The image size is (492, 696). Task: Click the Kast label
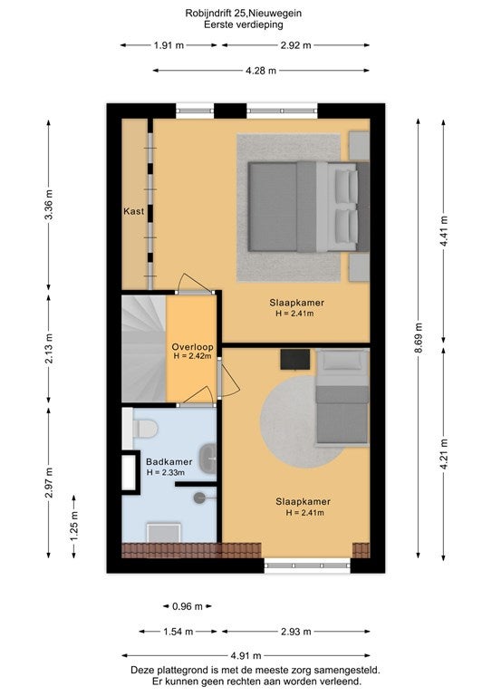tap(133, 211)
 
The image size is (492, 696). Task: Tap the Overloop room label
tap(192, 347)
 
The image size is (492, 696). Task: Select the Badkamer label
tap(169, 461)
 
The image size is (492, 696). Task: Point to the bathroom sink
tap(207, 459)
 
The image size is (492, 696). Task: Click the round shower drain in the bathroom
tap(199, 498)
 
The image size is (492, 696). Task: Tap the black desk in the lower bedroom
tap(295, 359)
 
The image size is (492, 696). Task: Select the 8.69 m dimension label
tap(419, 338)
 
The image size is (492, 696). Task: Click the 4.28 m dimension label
tap(261, 70)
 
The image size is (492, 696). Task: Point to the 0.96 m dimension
tap(188, 606)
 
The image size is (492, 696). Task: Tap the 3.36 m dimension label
tap(49, 204)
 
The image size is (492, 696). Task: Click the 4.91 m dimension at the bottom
tap(246, 655)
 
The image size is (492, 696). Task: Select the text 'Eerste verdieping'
tap(244, 24)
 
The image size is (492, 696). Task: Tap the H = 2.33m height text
tap(166, 472)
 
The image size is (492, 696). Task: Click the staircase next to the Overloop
tap(144, 348)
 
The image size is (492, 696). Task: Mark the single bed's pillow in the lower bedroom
tap(342, 362)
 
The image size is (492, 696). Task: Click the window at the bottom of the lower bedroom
tap(307, 565)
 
